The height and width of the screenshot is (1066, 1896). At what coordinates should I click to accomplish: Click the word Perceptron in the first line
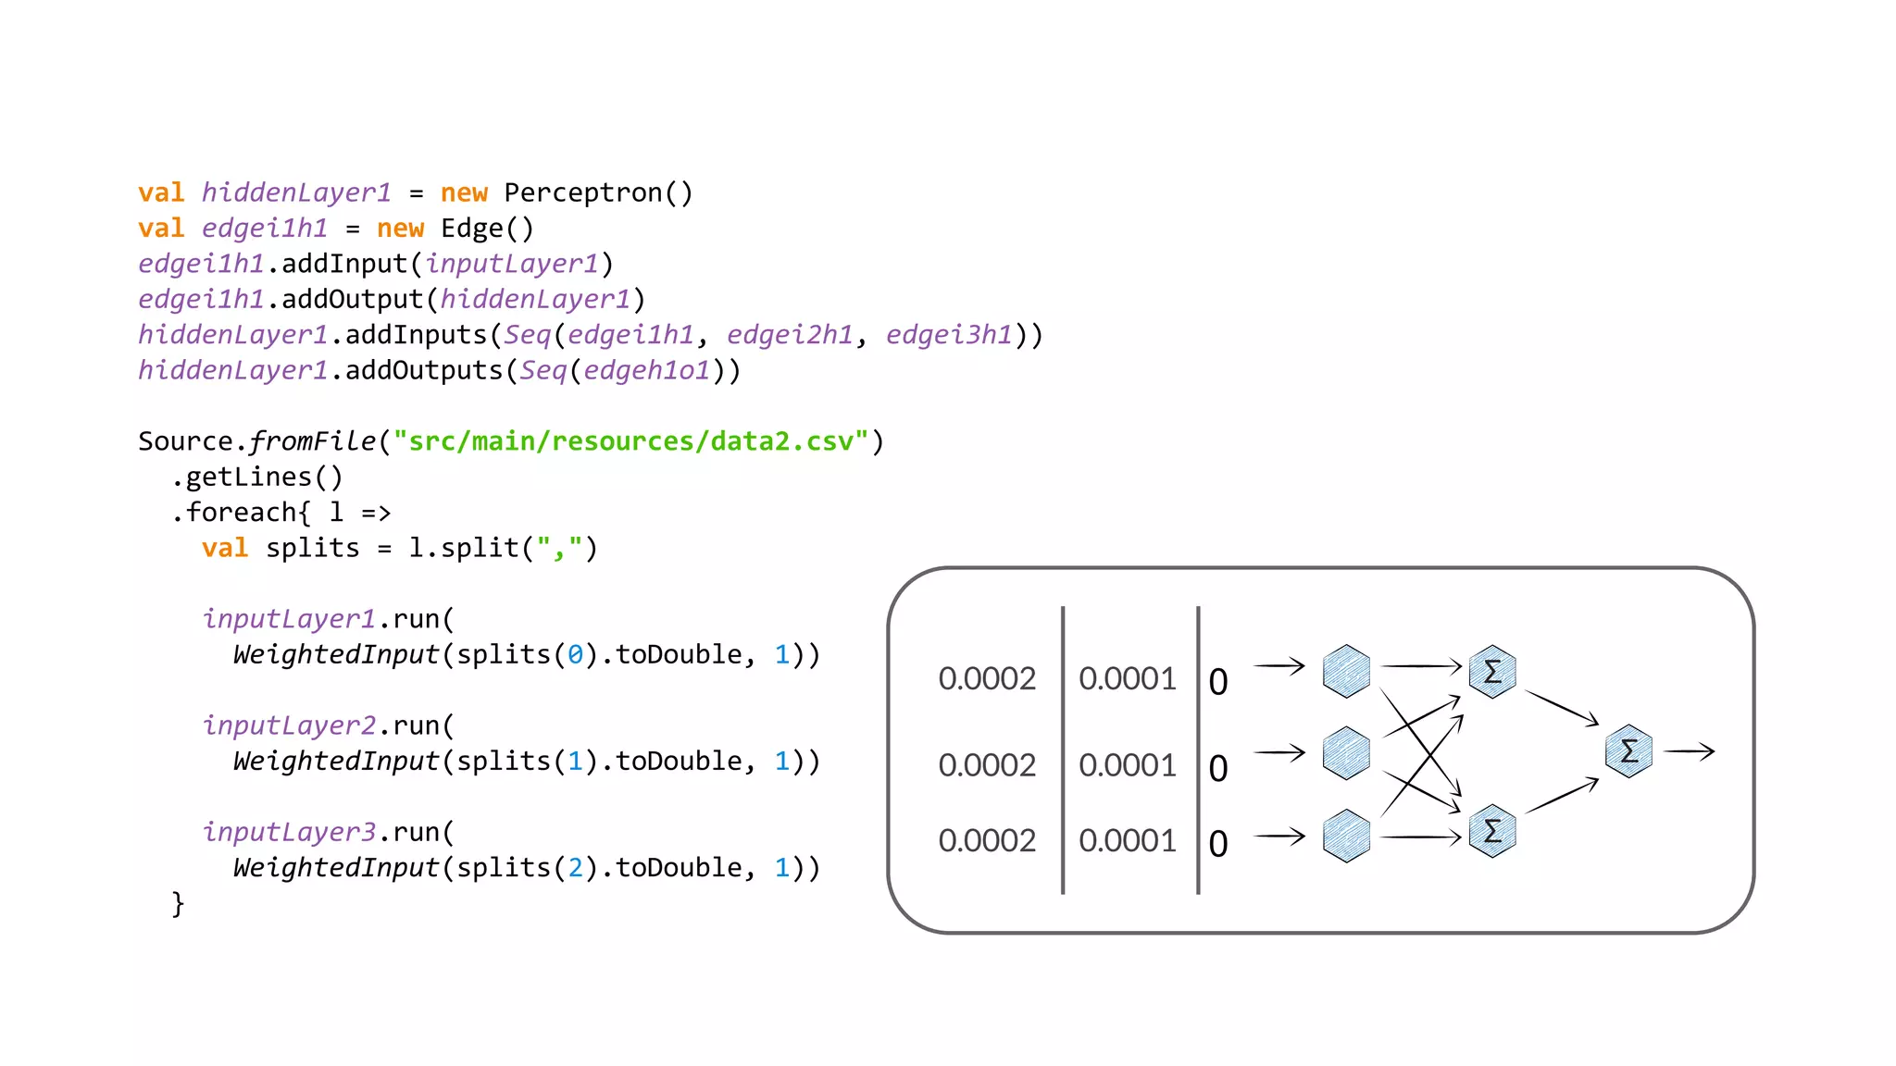pos(582,192)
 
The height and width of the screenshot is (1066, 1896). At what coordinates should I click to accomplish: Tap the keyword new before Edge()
pos(400,228)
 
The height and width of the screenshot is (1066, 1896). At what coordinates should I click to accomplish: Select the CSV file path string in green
pos(630,440)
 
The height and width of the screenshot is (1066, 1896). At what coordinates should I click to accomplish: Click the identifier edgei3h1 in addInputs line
pos(949,334)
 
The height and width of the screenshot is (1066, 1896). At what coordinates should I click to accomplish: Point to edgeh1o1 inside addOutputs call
pos(646,370)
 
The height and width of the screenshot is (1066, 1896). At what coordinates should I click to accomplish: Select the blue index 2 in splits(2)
pos(575,868)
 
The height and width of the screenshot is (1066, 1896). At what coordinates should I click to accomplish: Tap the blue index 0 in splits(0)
pos(575,655)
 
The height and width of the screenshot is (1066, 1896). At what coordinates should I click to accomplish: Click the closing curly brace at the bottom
pos(178,903)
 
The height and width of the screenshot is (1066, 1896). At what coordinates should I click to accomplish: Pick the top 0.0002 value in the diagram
pos(987,678)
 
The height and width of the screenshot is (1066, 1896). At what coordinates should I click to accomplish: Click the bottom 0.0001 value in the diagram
pos(1127,840)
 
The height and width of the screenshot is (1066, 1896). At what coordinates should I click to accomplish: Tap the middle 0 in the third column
pos(1218,768)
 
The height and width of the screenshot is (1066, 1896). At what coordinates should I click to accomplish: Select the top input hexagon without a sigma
pos(1346,671)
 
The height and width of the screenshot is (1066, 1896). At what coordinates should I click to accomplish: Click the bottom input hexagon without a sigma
pos(1346,836)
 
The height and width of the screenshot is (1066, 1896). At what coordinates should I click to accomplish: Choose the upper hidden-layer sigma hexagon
pos(1492,671)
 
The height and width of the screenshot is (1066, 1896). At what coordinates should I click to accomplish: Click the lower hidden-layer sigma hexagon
pos(1492,831)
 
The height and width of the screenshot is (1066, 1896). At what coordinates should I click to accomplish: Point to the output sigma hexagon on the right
pos(1628,751)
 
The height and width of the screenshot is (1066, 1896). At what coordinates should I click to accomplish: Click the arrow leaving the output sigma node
pos(1690,751)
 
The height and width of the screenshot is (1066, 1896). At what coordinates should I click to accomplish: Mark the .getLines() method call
pos(257,477)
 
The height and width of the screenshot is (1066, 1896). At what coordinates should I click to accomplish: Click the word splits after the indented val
pos(312,548)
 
